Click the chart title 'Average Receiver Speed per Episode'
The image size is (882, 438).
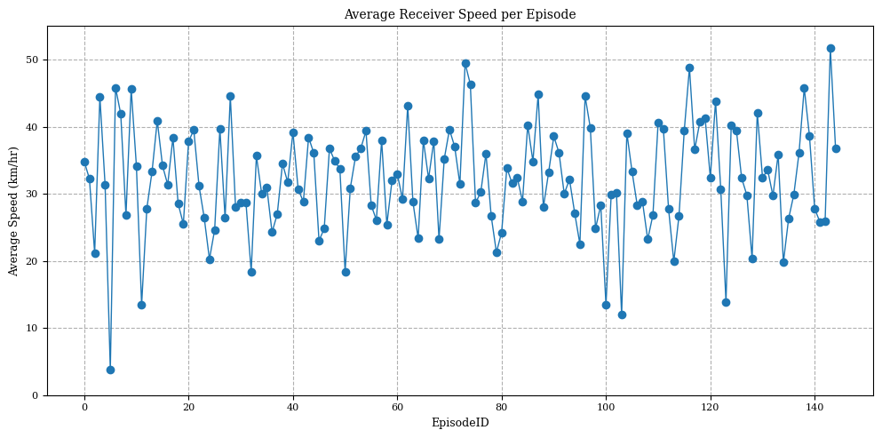[459, 14]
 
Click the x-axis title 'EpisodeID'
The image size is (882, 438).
[459, 423]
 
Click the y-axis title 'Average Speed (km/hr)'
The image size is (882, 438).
[14, 211]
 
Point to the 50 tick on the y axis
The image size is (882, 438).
[34, 60]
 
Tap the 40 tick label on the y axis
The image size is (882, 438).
[34, 127]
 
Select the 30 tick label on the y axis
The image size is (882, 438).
[34, 194]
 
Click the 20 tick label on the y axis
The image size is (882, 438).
[34, 261]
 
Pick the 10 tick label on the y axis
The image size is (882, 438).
[34, 328]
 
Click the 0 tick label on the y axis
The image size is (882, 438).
[36, 395]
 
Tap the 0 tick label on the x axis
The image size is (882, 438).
[84, 407]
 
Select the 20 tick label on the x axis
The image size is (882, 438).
[188, 407]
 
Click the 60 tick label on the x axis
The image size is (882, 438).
[397, 407]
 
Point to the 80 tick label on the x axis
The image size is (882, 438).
[501, 407]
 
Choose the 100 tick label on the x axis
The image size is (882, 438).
[606, 407]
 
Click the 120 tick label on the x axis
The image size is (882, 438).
[710, 407]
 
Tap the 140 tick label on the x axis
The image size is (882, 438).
[814, 407]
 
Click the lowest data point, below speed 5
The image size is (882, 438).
[110, 370]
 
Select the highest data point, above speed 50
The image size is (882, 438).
[830, 48]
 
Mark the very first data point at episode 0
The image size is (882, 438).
[84, 162]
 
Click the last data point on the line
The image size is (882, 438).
[836, 148]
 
